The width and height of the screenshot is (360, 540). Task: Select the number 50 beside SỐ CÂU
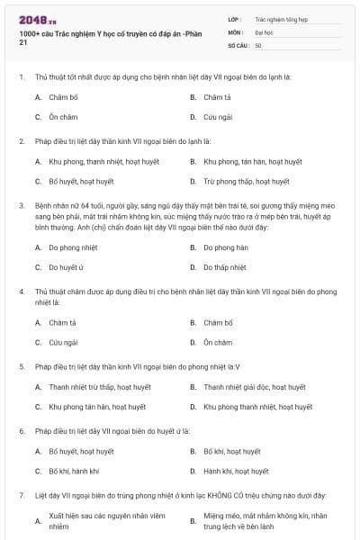coord(258,45)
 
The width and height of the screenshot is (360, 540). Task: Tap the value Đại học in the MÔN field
coord(263,31)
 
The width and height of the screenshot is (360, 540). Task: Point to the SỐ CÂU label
coord(238,45)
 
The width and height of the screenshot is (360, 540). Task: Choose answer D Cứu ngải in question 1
coord(216,117)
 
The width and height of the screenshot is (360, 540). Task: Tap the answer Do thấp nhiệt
coord(224,267)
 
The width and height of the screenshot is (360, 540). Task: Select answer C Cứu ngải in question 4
coord(63,343)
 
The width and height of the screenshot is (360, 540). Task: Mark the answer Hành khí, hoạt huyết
coord(236,472)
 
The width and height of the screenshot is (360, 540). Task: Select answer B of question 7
coord(262,521)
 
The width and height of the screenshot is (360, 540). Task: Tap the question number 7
coord(21,495)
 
